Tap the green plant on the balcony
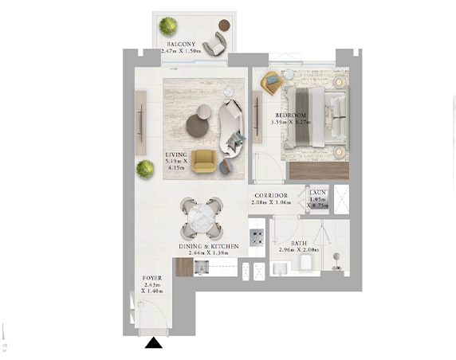click(x=168, y=26)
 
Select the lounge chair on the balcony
click(x=216, y=42)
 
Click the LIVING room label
click(x=175, y=155)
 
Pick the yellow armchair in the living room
click(x=203, y=161)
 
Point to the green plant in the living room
click(x=144, y=169)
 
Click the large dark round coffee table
click(x=196, y=125)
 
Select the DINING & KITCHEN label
click(x=209, y=247)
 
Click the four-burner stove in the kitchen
click(x=257, y=237)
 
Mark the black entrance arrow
click(x=153, y=343)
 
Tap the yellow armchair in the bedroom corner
click(x=272, y=80)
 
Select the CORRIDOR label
click(x=270, y=195)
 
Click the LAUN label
click(x=316, y=192)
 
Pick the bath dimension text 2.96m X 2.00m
click(x=299, y=250)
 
